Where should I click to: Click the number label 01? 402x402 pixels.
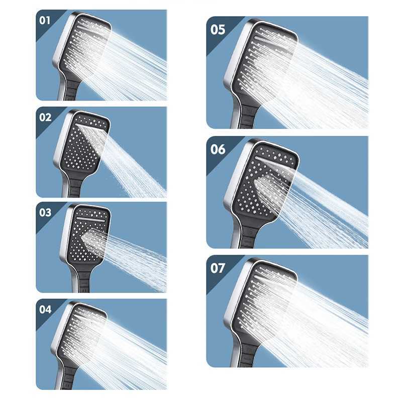coord(45,21)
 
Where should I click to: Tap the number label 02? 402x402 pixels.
coord(45,117)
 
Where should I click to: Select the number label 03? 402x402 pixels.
coord(45,213)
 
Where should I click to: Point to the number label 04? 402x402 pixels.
coord(45,309)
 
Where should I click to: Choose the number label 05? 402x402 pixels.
coord(218,30)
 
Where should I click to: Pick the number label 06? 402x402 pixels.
coord(218,149)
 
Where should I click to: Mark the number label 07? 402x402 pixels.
coord(218,268)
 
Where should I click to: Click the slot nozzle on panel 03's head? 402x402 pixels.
coord(90,219)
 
